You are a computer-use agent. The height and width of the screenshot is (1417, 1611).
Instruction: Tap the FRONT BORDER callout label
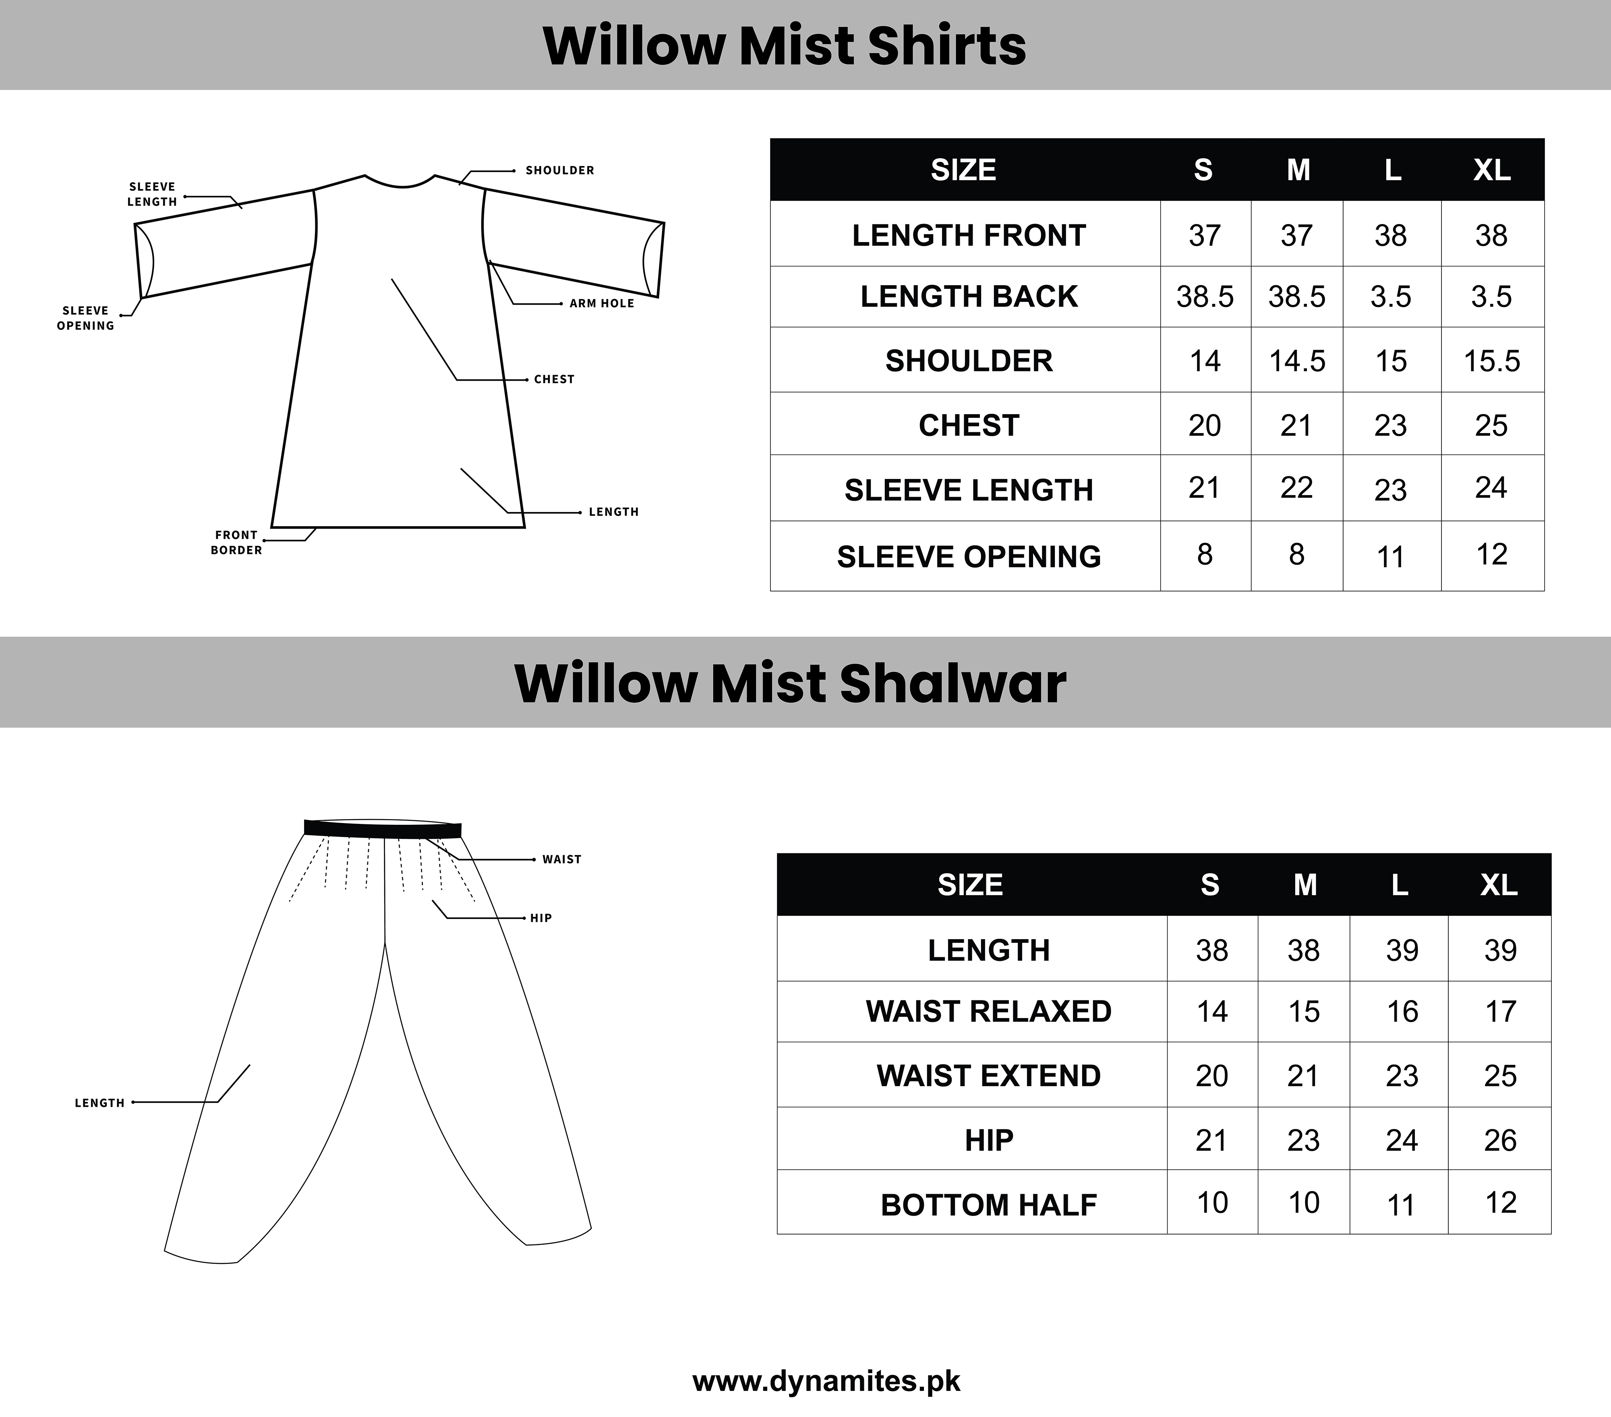236,543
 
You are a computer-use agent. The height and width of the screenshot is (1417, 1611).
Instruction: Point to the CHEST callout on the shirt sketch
554,379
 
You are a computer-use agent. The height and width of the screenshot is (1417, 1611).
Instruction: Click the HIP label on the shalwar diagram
540,918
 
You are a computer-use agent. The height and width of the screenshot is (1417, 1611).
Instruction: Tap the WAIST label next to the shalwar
561,859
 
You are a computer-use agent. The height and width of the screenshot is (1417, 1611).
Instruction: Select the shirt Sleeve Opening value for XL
1491,554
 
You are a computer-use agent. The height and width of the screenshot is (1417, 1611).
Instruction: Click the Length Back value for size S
1204,297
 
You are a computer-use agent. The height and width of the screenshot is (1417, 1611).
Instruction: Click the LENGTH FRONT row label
969,235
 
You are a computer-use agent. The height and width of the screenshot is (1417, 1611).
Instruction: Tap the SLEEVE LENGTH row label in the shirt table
969,490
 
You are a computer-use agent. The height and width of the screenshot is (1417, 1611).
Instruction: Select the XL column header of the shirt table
1492,170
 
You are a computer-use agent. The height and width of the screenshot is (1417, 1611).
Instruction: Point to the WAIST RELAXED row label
988,1011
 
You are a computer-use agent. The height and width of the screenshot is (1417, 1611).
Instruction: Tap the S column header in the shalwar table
1210,885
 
